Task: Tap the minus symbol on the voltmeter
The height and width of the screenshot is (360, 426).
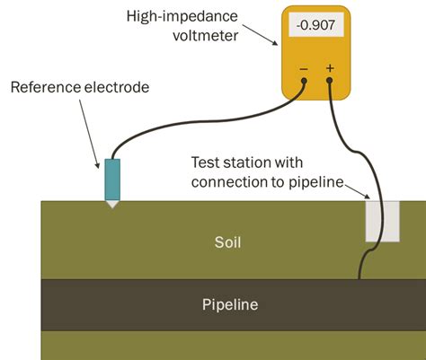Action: pyautogui.click(x=304, y=68)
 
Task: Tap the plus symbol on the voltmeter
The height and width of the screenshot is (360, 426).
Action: pyautogui.click(x=330, y=68)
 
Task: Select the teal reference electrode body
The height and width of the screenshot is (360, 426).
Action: pyautogui.click(x=111, y=180)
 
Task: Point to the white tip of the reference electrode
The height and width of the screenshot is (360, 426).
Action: pyautogui.click(x=111, y=204)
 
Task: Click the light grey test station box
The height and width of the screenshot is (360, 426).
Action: pyautogui.click(x=382, y=220)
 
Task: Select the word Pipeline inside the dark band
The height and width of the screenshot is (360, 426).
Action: pyautogui.click(x=229, y=305)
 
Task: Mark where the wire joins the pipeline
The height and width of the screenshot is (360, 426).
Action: pyautogui.click(x=359, y=278)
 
